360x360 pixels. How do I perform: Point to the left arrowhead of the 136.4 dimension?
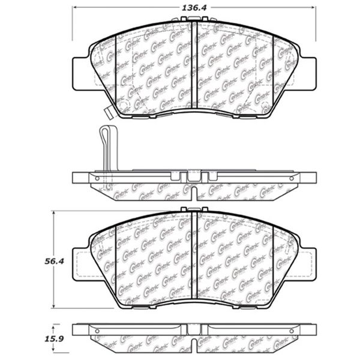point(75,9)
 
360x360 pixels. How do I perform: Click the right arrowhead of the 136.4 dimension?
point(314,9)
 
